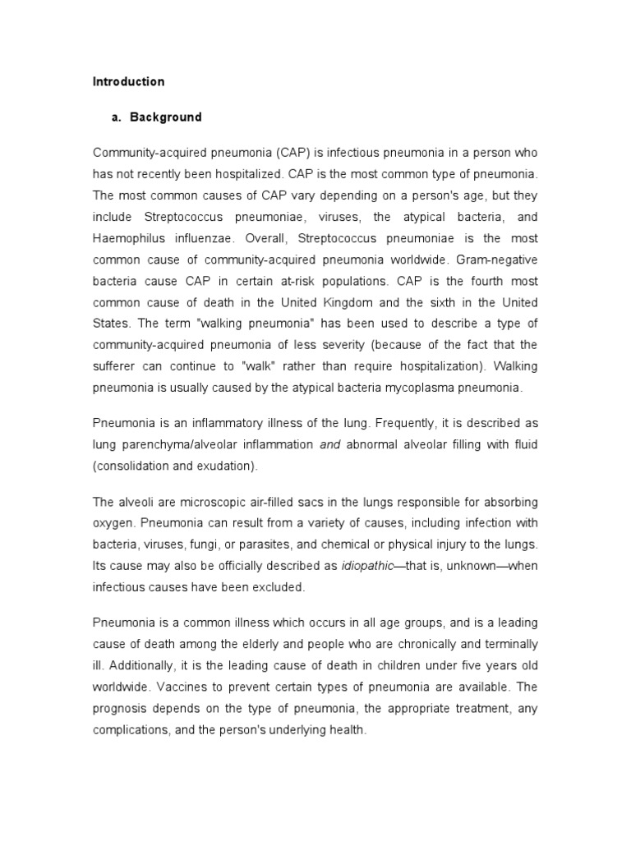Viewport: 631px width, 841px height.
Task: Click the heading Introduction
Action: pos(128,82)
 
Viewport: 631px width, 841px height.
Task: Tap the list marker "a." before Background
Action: pos(116,117)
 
